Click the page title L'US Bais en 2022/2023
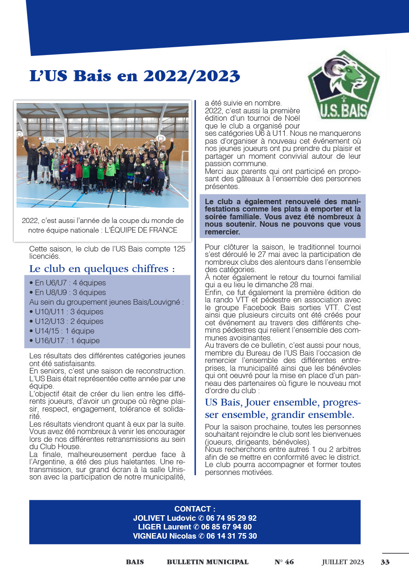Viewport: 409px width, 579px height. [x=134, y=76]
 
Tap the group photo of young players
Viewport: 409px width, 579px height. [x=102, y=155]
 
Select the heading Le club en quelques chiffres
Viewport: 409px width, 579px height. [x=102, y=268]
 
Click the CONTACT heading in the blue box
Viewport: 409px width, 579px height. [x=194, y=509]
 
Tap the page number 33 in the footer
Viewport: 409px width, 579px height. [x=385, y=562]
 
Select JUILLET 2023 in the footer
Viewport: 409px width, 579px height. [x=343, y=562]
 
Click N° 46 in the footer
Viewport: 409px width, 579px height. [x=284, y=562]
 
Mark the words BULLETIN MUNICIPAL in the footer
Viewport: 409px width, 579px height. [x=208, y=562]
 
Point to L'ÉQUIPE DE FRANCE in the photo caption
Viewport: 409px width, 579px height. [x=141, y=230]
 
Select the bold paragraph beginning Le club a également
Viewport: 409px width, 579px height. [x=282, y=217]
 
